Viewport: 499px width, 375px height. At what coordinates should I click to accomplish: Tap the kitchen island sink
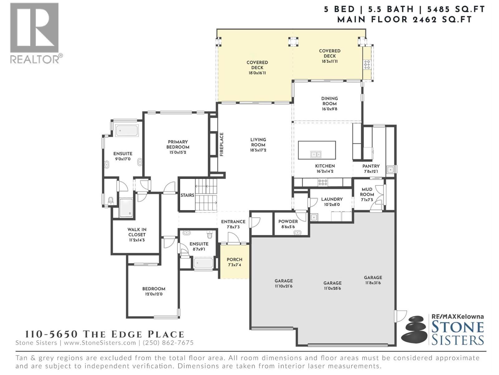316,154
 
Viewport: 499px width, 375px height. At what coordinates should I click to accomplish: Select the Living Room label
258,142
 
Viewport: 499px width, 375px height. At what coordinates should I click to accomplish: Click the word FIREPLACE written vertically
222,144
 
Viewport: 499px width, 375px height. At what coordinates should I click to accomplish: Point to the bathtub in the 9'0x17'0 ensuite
127,131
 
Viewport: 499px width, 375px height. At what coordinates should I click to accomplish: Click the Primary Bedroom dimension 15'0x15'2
178,152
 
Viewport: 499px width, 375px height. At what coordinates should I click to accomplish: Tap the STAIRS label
187,195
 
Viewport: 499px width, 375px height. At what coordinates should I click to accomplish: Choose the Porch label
235,259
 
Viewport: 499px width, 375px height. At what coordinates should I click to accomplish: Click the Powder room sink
298,232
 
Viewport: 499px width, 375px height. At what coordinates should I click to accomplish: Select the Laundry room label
332,199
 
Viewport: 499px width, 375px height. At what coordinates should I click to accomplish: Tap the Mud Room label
367,192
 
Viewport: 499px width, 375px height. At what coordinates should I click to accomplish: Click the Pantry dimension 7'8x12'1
371,172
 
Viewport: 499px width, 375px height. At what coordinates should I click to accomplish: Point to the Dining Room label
329,101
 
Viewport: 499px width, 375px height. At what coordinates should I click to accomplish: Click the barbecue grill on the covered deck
367,64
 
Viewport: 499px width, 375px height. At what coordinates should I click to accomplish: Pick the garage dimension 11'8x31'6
373,283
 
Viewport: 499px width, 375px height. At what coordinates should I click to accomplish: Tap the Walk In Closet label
137,232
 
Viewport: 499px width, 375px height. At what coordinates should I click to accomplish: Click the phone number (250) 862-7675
168,342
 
